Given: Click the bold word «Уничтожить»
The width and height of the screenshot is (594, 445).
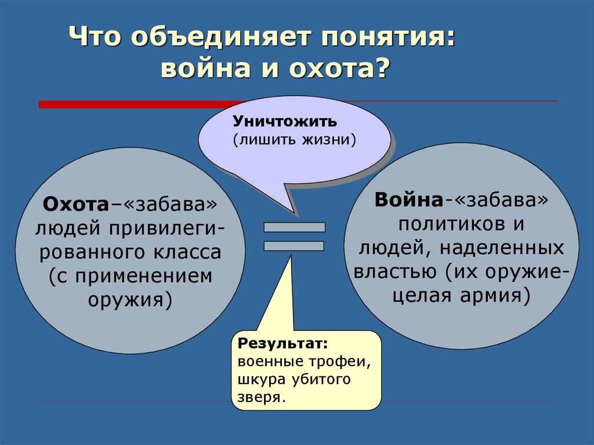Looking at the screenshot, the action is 284,121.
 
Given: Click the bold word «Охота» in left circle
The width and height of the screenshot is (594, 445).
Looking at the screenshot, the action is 76,204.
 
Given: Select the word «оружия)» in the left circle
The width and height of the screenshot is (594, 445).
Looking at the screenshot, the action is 131,300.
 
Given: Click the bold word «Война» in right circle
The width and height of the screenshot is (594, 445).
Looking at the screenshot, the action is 408,200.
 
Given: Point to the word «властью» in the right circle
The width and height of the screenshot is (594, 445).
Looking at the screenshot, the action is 394,272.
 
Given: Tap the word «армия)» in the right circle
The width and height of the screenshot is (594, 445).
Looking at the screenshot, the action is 495,296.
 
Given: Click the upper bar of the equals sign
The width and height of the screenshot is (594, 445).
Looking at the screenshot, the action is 294,227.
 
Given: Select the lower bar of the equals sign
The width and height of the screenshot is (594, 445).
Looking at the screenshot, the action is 294,246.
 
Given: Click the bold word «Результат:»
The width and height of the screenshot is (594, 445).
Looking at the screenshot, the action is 282,343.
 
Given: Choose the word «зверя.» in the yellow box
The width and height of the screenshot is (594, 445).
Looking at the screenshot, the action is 261,397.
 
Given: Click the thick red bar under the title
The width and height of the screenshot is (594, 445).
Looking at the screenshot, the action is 143,104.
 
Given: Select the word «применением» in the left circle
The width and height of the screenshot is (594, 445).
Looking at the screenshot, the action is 144,276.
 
